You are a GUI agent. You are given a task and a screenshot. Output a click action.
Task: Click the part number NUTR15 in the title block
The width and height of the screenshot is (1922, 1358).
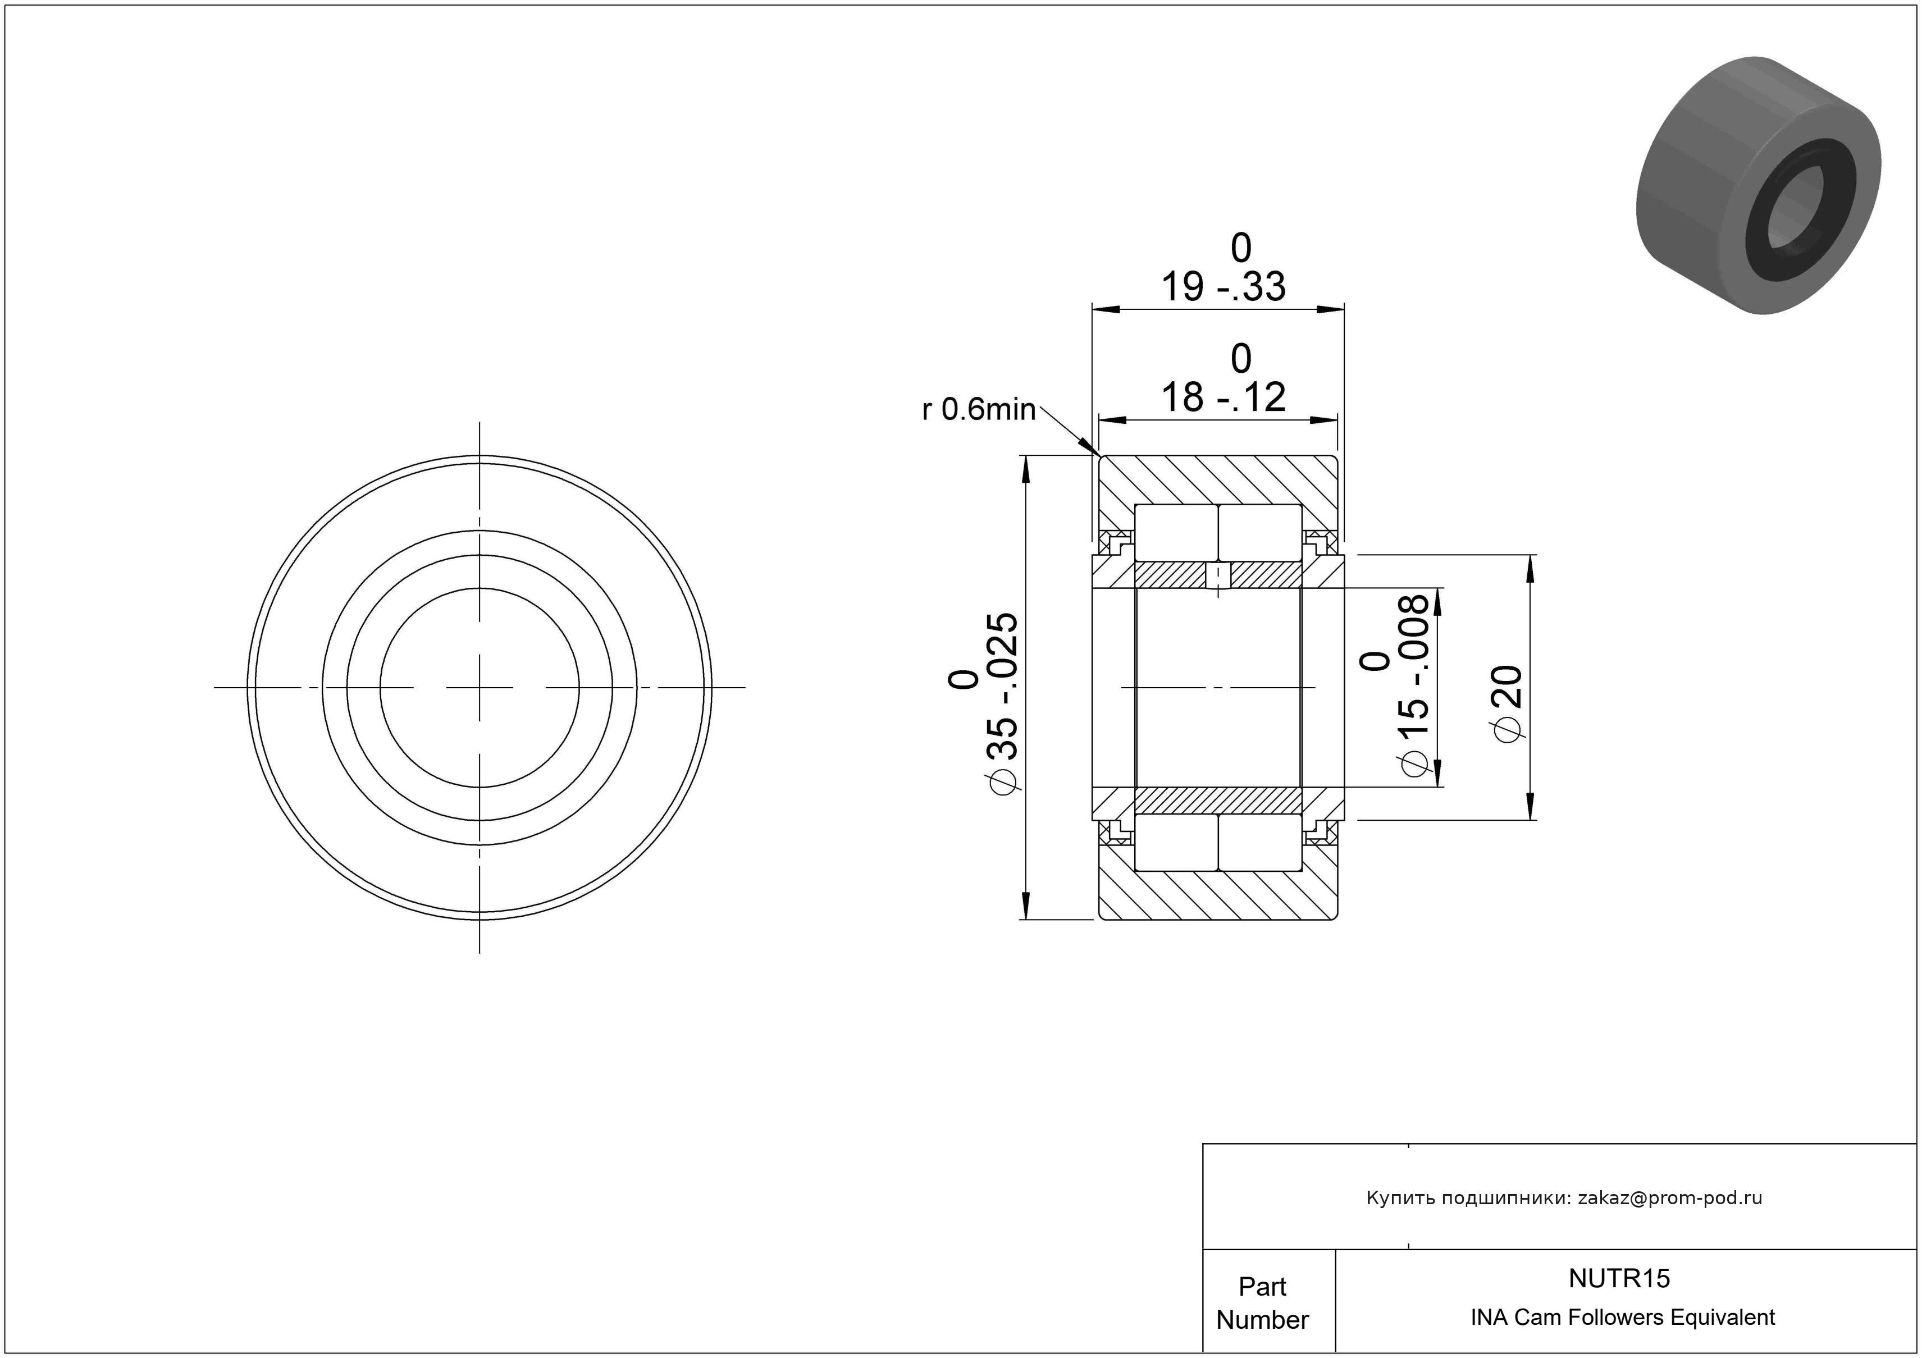point(1619,1278)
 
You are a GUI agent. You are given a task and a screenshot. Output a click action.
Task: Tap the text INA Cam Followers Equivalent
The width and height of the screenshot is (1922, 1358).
point(1622,1317)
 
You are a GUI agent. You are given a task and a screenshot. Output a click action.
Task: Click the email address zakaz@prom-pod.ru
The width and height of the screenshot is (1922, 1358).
point(1670,1197)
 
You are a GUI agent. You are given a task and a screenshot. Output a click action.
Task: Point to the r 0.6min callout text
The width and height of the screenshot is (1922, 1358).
point(979,410)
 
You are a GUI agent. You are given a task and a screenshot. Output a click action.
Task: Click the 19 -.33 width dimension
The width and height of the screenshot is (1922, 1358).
point(1222,287)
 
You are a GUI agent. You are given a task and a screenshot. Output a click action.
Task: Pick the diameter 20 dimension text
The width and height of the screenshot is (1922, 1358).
point(1507,703)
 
